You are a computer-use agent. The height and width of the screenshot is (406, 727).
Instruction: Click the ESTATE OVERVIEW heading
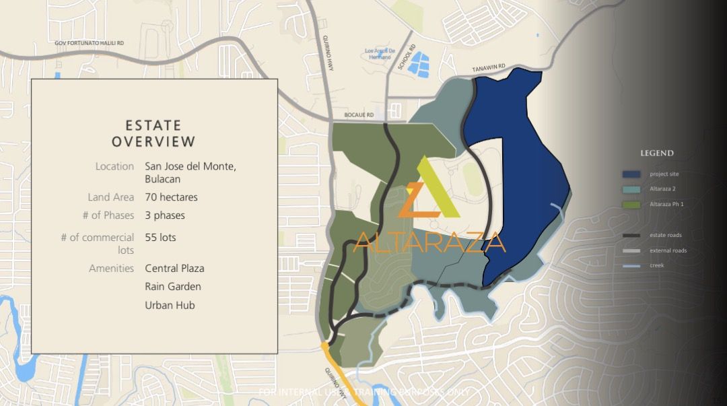click(153, 133)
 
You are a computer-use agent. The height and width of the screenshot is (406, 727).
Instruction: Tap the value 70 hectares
click(171, 197)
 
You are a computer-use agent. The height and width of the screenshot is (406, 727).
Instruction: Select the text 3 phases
click(165, 215)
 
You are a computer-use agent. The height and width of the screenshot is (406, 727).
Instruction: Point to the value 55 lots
click(160, 237)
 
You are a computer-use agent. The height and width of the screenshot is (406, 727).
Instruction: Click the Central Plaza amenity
click(174, 268)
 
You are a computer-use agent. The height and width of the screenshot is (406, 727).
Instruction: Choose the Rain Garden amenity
click(172, 286)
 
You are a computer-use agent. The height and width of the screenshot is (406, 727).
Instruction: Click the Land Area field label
click(110, 197)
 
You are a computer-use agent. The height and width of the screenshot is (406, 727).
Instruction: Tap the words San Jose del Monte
click(191, 166)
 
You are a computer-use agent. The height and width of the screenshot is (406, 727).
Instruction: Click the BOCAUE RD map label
click(359, 116)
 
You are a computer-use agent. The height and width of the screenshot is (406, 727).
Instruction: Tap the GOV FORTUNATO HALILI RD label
click(90, 43)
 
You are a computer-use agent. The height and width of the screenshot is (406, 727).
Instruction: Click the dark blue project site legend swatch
click(631, 174)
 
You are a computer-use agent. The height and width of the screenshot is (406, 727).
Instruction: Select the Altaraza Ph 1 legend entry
click(666, 204)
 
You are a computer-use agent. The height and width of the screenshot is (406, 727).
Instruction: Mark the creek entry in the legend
click(656, 265)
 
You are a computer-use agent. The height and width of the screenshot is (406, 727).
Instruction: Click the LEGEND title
click(656, 154)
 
